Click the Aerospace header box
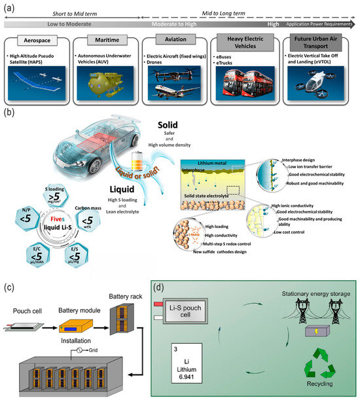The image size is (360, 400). point(46,41)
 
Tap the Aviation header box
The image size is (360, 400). point(178,41)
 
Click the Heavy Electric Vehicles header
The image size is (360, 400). point(248,41)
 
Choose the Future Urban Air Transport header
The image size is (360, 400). point(317,41)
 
